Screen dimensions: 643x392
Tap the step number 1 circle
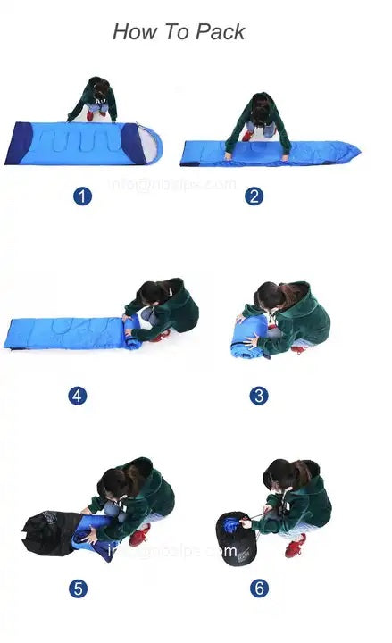pyautogui.click(x=82, y=196)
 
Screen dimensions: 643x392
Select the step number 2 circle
pyautogui.click(x=254, y=196)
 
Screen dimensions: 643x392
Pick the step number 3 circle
pyautogui.click(x=258, y=395)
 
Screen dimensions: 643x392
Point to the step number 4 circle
pyautogui.click(x=78, y=395)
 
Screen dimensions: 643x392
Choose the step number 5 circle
pyautogui.click(x=79, y=588)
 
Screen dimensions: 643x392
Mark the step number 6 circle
pyautogui.click(x=258, y=588)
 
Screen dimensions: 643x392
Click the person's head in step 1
pyautogui.click(x=99, y=88)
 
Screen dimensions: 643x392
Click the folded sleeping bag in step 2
pyautogui.click(x=268, y=153)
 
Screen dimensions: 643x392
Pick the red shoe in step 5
pyautogui.click(x=139, y=535)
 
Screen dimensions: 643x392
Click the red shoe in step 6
pyautogui.click(x=296, y=546)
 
